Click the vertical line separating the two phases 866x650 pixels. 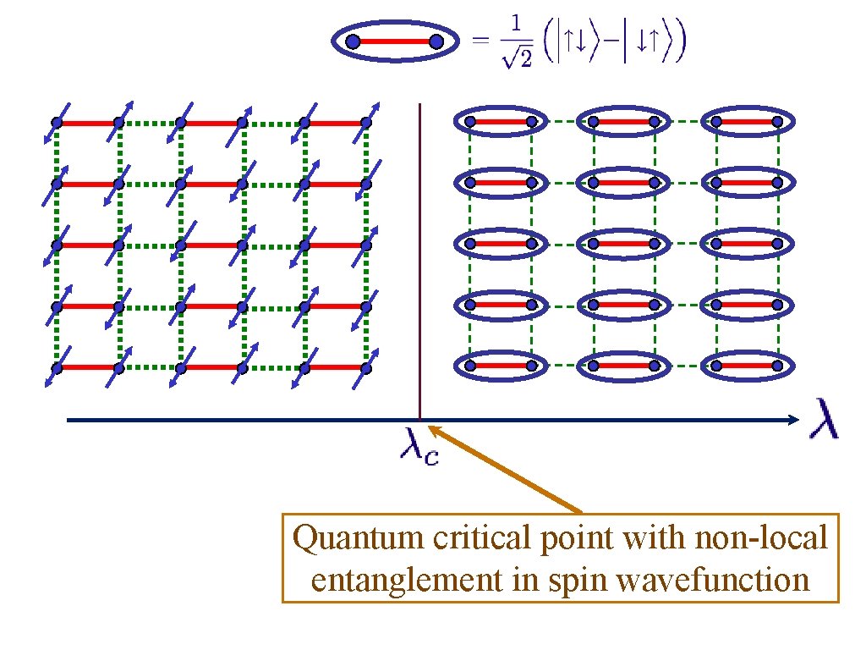pos(420,254)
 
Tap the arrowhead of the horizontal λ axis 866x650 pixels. pos(792,420)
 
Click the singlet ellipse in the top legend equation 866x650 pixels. pos(394,41)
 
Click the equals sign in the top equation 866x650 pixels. pos(480,42)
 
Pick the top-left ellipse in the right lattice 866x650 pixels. pos(500,122)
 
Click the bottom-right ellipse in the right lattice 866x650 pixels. pos(747,366)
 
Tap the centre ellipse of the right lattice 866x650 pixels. pos(623,244)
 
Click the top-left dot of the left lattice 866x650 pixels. pos(57,123)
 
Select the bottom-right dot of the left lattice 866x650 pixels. pos(366,367)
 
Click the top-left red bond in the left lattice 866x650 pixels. pos(88,123)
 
